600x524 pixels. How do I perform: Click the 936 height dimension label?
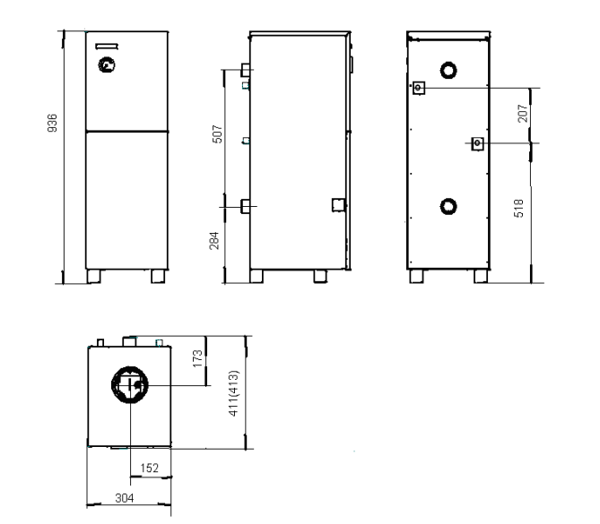[x=52, y=123]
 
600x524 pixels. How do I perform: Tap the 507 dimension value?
[x=217, y=133]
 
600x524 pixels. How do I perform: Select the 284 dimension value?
[x=214, y=240]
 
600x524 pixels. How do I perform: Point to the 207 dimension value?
[x=522, y=113]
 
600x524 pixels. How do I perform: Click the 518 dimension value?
[x=518, y=209]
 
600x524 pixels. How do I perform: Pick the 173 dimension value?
[x=197, y=358]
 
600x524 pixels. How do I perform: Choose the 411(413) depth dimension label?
[x=233, y=393]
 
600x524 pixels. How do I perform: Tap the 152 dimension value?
[x=149, y=468]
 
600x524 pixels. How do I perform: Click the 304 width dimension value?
[x=125, y=498]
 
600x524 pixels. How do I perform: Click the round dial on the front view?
[x=107, y=65]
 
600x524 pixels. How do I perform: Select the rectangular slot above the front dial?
[x=107, y=47]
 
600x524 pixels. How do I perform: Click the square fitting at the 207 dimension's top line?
[x=419, y=88]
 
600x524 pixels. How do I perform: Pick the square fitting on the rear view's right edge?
[x=477, y=143]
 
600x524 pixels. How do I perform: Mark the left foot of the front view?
[x=94, y=277]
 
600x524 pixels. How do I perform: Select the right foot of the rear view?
[x=481, y=277]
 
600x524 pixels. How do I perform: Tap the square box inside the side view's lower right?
[x=338, y=205]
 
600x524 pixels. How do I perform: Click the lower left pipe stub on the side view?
[x=245, y=206]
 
